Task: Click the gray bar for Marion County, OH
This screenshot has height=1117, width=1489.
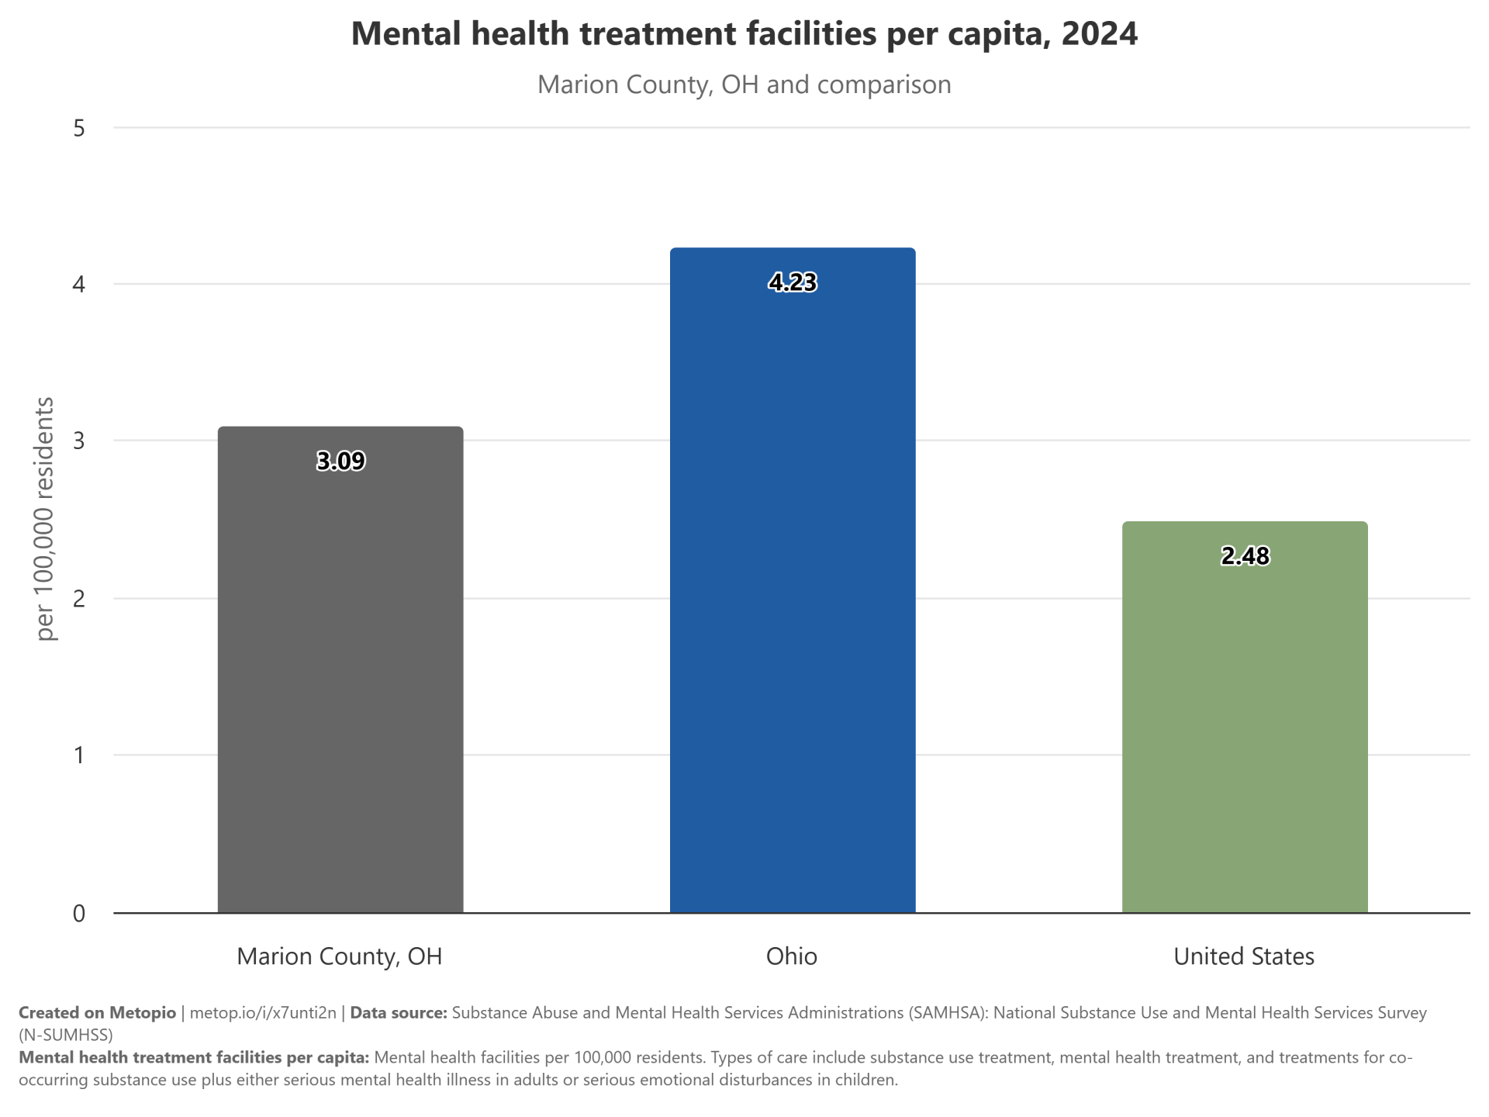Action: tap(340, 669)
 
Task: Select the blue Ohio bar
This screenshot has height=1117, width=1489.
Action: tap(793, 580)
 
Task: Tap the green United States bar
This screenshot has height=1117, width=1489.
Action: tap(1245, 718)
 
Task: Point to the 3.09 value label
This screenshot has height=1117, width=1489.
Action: tap(340, 462)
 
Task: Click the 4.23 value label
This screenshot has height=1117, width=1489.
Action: tap(793, 282)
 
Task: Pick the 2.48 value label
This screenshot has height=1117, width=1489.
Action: tap(1245, 556)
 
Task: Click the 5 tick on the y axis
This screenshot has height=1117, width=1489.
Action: tap(79, 128)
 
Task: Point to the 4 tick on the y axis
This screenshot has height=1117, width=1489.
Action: tap(79, 285)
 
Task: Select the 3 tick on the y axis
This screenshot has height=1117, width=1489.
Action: tap(79, 441)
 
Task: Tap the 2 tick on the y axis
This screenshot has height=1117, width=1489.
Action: tap(79, 599)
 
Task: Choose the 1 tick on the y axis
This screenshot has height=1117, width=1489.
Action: tap(79, 756)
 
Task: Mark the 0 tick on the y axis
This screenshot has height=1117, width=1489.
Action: tap(79, 914)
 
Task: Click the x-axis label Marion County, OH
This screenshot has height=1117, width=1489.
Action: tap(340, 956)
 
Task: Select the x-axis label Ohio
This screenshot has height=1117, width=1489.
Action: tap(792, 956)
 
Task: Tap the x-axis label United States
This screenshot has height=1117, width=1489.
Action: tap(1244, 956)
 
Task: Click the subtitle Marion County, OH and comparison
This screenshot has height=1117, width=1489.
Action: tap(744, 85)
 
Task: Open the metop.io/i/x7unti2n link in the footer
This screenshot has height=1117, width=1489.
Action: tap(263, 1013)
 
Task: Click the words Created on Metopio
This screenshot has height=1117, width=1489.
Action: tap(97, 1013)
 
